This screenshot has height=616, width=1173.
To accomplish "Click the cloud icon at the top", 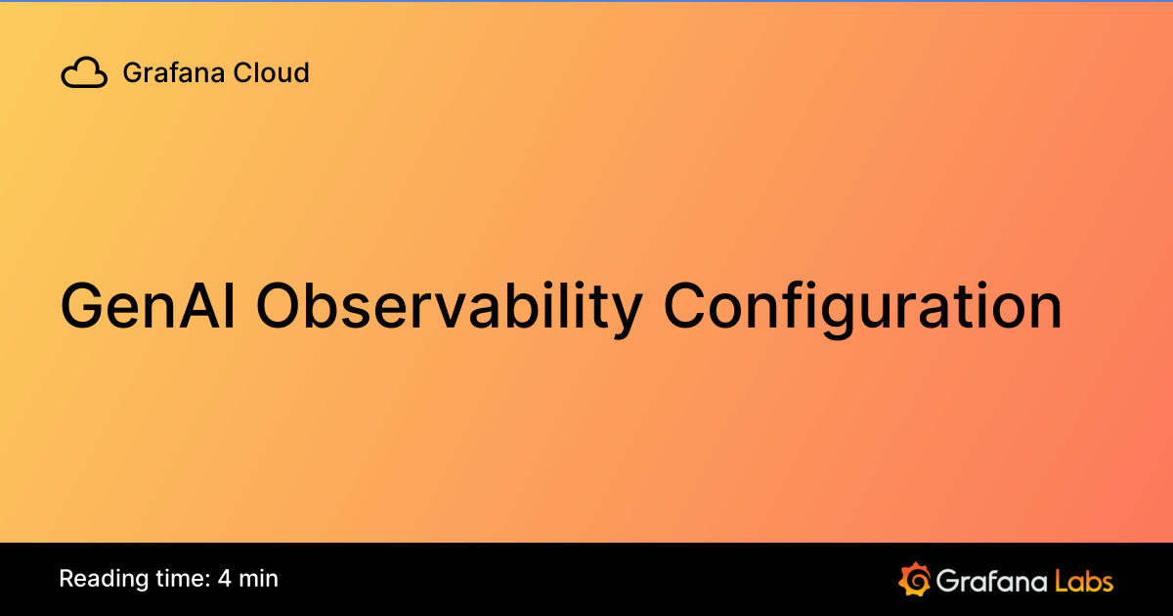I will tap(84, 73).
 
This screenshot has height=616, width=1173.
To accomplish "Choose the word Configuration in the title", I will tap(863, 306).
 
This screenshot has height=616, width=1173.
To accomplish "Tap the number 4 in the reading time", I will tap(225, 579).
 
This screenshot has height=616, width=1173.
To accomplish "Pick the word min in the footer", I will tap(259, 579).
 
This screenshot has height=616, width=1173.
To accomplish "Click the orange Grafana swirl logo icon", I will tap(913, 579).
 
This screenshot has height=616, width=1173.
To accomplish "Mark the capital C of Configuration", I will tap(688, 306).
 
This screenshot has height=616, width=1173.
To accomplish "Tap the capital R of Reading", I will tap(66, 579).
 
